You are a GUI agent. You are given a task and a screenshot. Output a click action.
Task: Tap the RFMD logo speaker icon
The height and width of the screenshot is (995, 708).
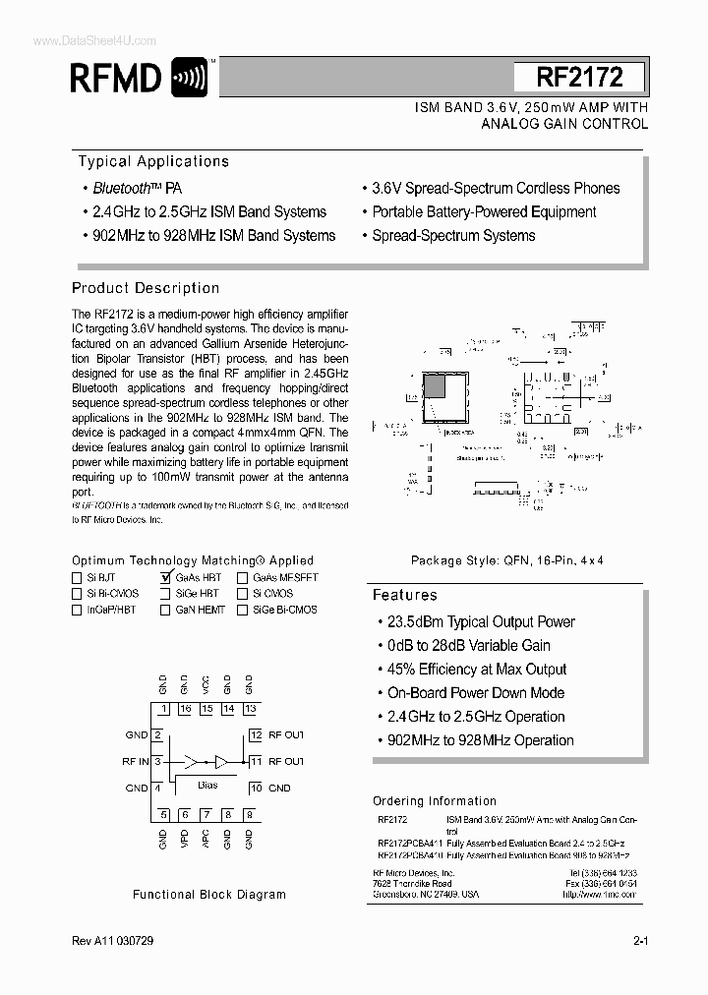189,77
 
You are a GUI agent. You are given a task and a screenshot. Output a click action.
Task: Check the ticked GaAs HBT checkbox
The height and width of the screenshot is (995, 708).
165,578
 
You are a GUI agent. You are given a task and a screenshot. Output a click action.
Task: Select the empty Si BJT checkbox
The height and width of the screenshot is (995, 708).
78,578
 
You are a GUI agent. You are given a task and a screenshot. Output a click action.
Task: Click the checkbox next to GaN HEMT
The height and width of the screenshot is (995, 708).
165,610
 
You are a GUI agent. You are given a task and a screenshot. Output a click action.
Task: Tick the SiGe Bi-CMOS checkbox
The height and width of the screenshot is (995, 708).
242,610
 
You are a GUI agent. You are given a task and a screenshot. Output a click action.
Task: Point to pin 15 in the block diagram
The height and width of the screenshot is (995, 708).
206,709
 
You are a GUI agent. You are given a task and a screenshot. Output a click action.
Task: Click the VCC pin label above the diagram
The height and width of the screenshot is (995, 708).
206,684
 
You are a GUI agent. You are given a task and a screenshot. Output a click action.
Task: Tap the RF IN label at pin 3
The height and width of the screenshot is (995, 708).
136,761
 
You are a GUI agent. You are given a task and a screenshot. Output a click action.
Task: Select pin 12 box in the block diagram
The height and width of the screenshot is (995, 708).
255,734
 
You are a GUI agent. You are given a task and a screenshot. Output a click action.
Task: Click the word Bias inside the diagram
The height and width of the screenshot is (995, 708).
206,785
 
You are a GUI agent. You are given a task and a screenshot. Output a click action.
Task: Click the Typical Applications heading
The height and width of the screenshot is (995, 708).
153,161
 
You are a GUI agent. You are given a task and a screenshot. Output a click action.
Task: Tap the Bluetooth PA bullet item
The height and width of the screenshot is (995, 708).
137,188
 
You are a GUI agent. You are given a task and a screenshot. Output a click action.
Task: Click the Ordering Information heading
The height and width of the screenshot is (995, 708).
434,800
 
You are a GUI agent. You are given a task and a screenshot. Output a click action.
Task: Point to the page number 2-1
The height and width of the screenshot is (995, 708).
640,941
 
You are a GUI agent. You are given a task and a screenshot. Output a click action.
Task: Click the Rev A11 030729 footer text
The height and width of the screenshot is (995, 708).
112,941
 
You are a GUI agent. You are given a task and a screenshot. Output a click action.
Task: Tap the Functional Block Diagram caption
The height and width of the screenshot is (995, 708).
209,895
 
